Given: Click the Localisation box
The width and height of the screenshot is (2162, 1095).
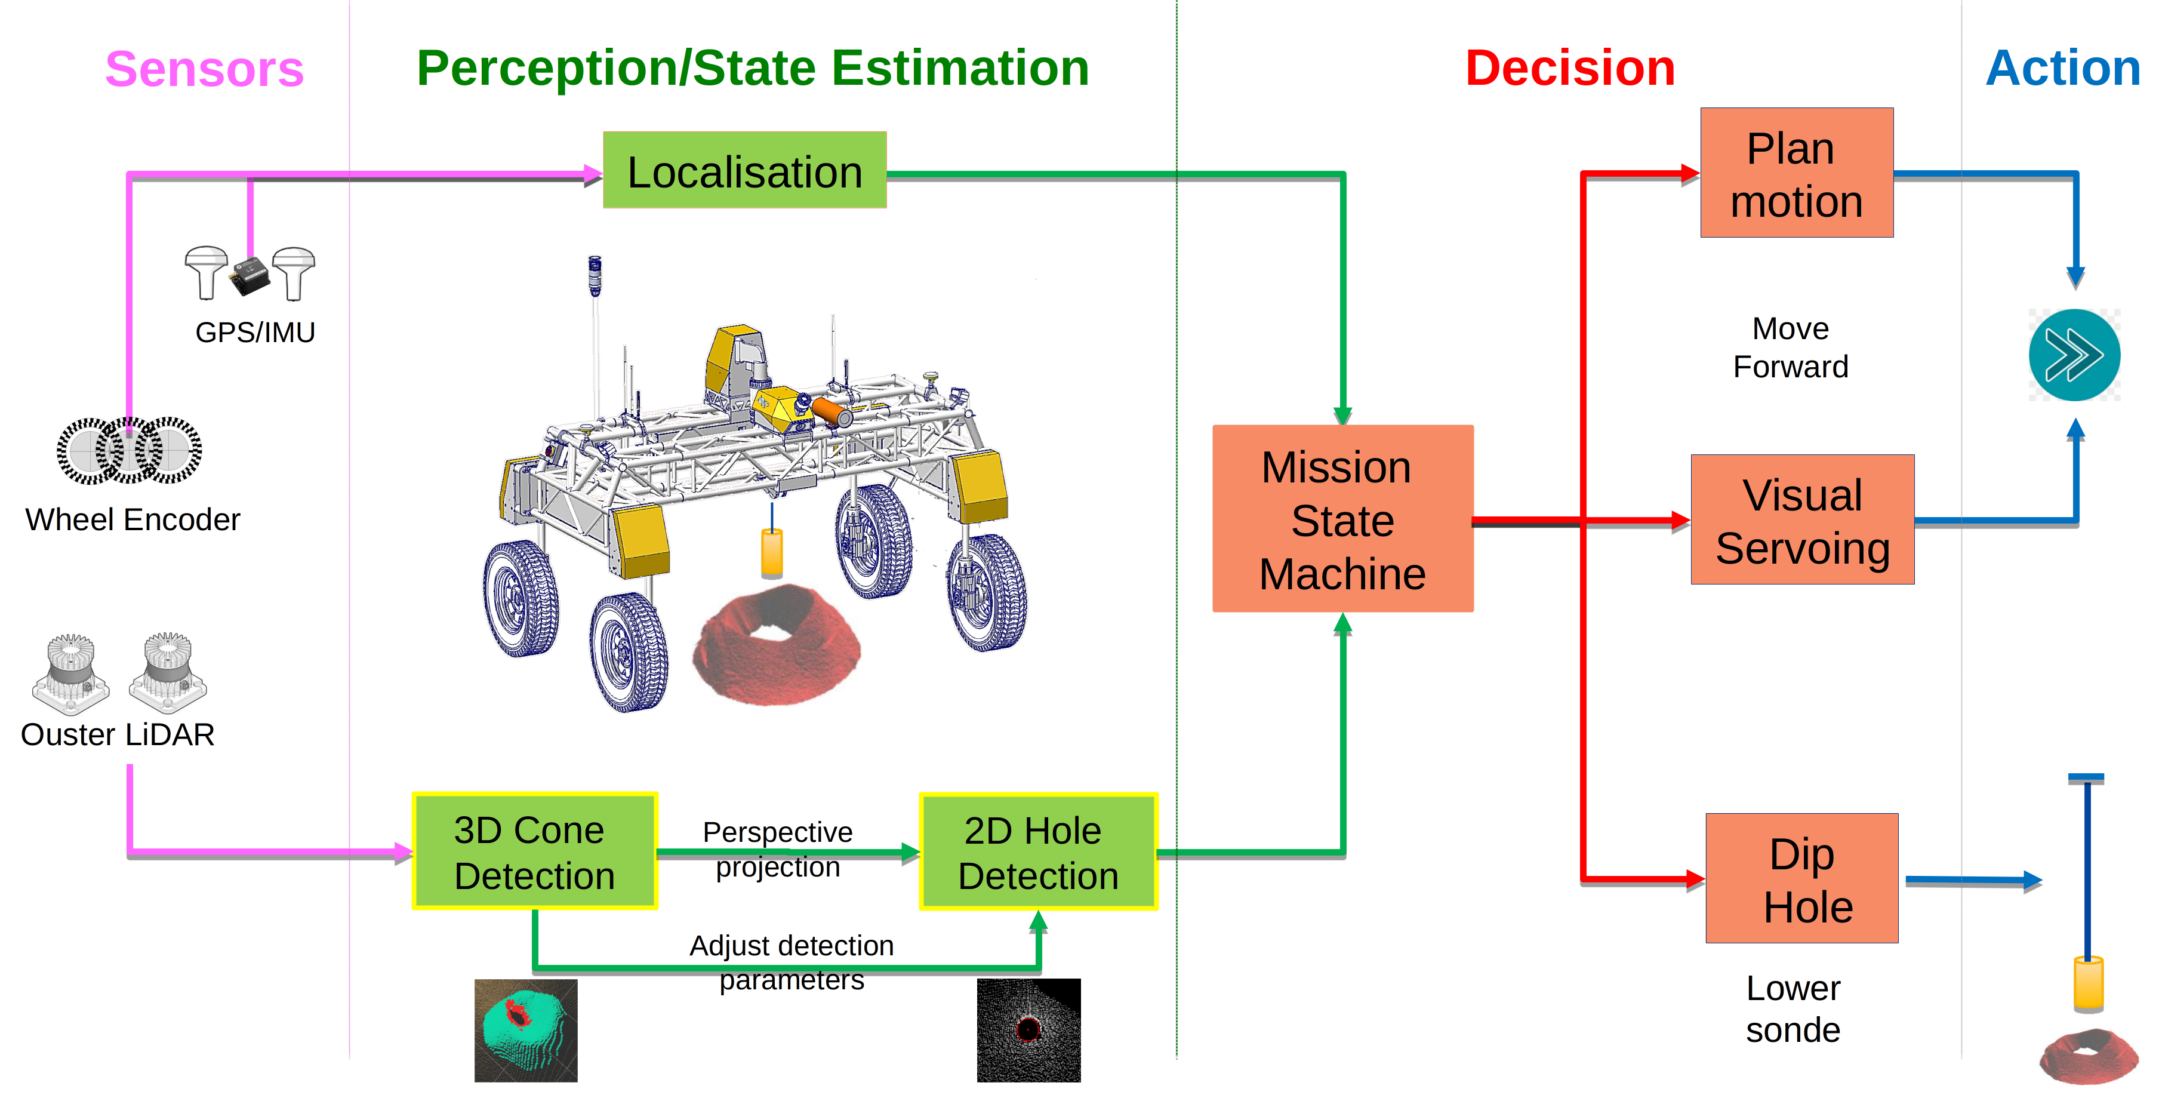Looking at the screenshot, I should click(x=744, y=171).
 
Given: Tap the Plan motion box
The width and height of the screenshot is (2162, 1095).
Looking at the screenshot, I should click(x=1796, y=173).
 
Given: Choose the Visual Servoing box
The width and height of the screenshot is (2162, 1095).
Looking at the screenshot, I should click(x=1802, y=520).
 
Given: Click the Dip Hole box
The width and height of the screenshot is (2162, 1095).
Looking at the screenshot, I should click(x=1801, y=878).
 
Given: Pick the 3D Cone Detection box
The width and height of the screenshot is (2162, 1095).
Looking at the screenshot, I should click(x=535, y=851).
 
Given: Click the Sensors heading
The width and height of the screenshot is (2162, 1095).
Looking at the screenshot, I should click(x=204, y=69).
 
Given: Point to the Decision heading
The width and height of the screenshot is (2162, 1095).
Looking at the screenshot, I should click(x=1569, y=68).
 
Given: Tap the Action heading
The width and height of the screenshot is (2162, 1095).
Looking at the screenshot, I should click(x=2062, y=68).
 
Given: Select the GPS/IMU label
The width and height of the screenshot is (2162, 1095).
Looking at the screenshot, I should click(x=255, y=333).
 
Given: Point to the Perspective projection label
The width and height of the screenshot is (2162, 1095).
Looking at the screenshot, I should click(x=778, y=849).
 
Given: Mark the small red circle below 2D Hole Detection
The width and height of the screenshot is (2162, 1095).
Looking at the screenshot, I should click(x=1027, y=1029).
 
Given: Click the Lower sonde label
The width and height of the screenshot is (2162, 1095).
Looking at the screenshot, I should click(x=1793, y=1008).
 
